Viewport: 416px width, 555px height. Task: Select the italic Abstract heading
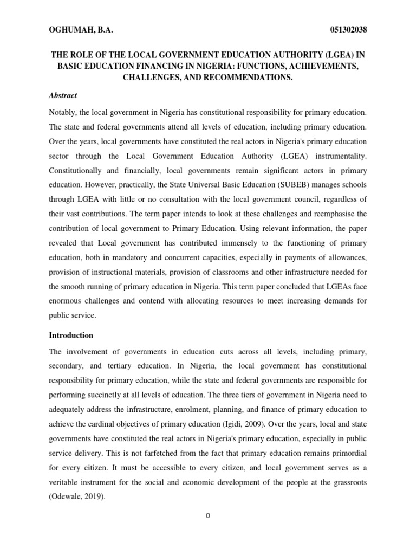(x=63, y=95)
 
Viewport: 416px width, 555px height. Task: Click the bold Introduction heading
(x=71, y=335)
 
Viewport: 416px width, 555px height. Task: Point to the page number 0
(x=207, y=515)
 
